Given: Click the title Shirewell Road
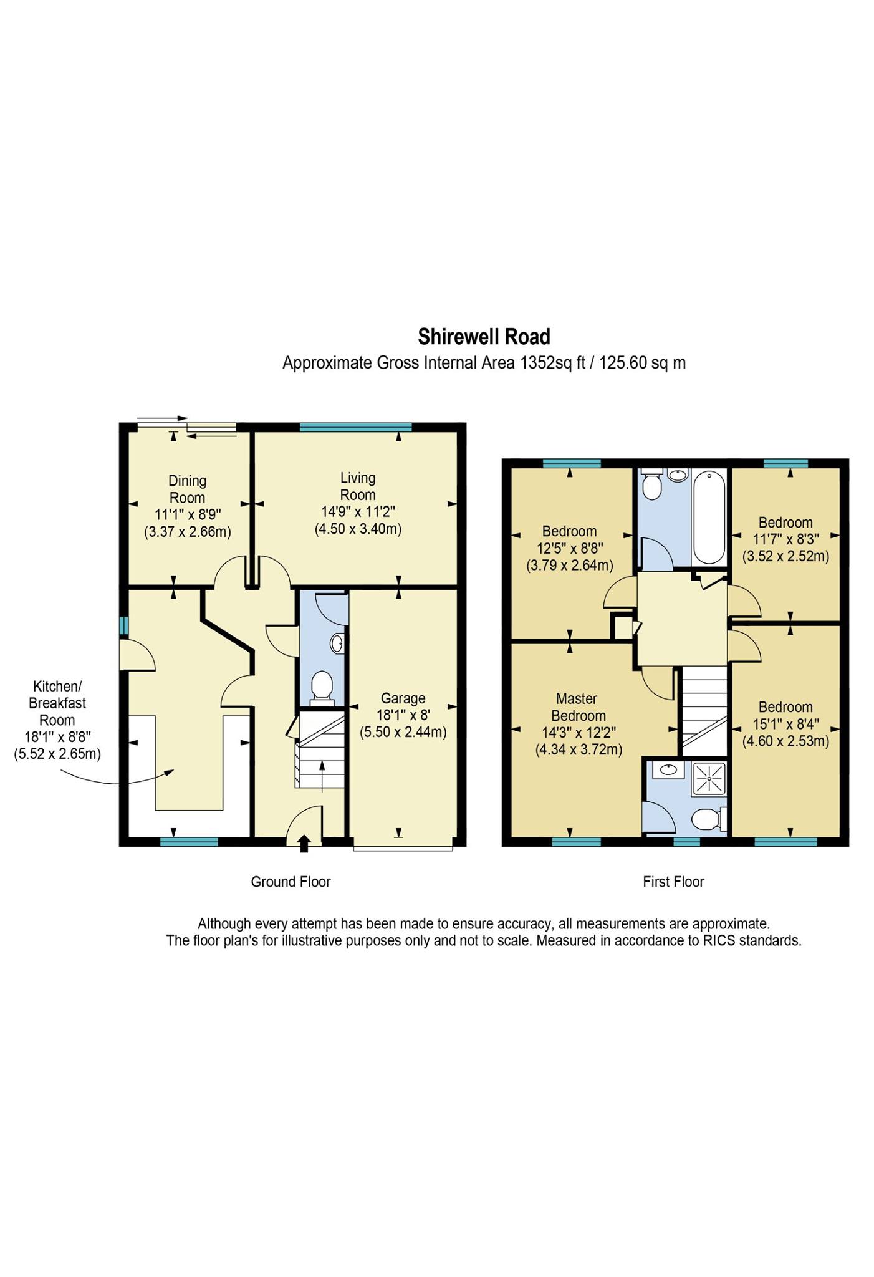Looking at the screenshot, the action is [x=484, y=337].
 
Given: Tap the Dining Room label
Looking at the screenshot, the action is [x=187, y=489].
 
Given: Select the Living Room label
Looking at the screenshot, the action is [x=358, y=486].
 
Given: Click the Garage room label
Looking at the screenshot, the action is [x=403, y=698].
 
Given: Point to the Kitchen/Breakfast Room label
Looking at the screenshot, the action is [x=57, y=711].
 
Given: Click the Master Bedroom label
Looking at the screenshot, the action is [x=578, y=707].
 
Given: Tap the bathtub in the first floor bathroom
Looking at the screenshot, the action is [x=709, y=518].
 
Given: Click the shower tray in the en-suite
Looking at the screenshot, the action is [x=709, y=779].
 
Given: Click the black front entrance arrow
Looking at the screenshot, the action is [x=304, y=843].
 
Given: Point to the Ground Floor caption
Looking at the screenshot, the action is [x=291, y=882].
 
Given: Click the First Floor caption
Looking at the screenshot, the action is [x=673, y=882].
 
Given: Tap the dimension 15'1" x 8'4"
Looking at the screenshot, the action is [x=785, y=724].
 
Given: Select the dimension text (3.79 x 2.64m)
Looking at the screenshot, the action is [x=570, y=566].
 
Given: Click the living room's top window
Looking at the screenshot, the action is [x=356, y=427].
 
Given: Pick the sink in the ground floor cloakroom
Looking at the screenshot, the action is [x=337, y=643].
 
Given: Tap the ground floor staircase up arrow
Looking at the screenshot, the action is [x=322, y=776].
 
